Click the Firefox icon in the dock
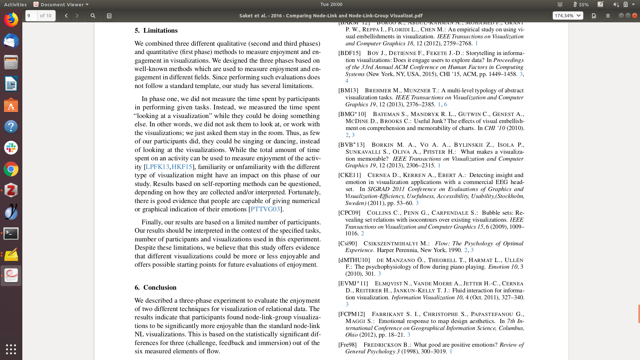pyautogui.click(x=11, y=20)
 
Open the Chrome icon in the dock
pyautogui.click(x=11, y=169)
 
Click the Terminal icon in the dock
pyautogui.click(x=11, y=233)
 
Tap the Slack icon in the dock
pyautogui.click(x=11, y=148)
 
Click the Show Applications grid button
pyautogui.click(x=11, y=349)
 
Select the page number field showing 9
pyautogui.click(x=31, y=16)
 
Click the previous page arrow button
pyautogui.click(x=66, y=16)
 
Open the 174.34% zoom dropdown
pyautogui.click(x=568, y=16)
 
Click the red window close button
pyautogui.click(x=635, y=16)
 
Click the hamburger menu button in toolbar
pyautogui.click(x=608, y=16)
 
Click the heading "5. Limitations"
pyautogui.click(x=156, y=31)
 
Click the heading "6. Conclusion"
pyautogui.click(x=155, y=288)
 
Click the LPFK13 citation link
pyautogui.click(x=157, y=167)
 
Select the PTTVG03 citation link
pyautogui.click(x=265, y=209)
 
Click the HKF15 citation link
pyautogui.click(x=182, y=167)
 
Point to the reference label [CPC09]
pyautogui.click(x=349, y=213)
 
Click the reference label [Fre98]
pyautogui.click(x=347, y=345)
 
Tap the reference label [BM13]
pyautogui.click(x=348, y=91)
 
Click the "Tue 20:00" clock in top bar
pyautogui.click(x=331, y=4)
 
